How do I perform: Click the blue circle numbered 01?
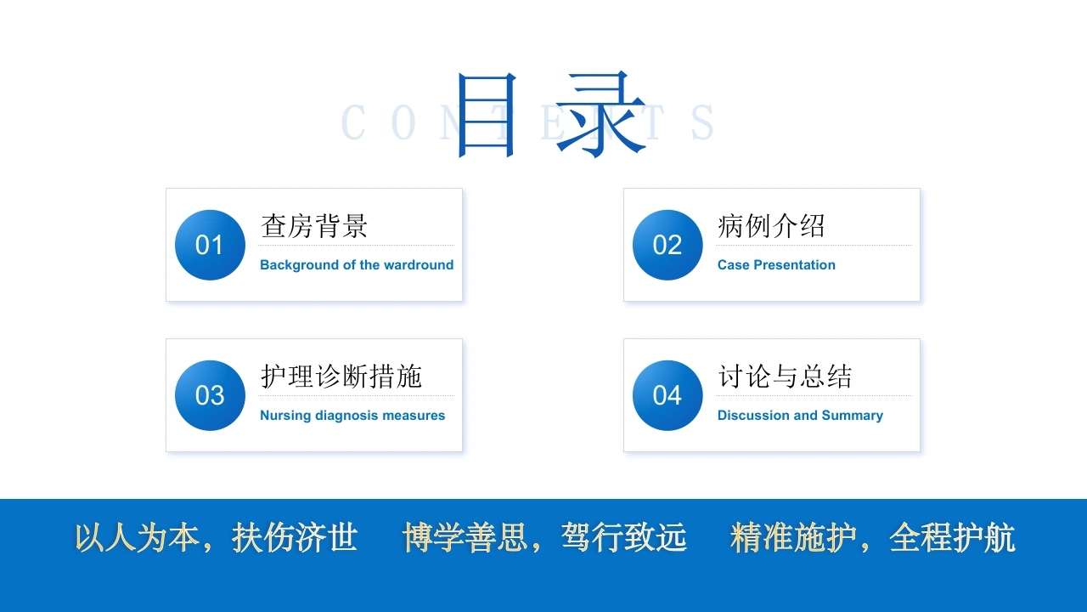click(210, 245)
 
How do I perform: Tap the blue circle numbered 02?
click(667, 245)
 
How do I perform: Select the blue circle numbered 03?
click(210, 395)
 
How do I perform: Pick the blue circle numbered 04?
click(667, 395)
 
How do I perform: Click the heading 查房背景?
click(314, 226)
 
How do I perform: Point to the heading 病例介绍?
click(771, 226)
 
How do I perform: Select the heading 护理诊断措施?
click(341, 377)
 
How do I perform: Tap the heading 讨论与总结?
click(785, 377)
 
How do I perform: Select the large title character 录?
click(600, 115)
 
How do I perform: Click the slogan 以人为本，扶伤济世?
click(216, 538)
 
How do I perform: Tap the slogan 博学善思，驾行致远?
click(544, 538)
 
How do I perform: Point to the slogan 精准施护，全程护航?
click(872, 538)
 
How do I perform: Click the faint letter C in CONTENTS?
click(352, 122)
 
